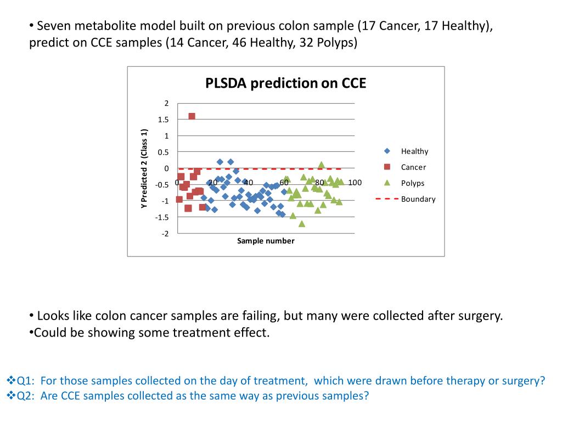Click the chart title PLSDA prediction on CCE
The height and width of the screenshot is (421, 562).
[285, 83]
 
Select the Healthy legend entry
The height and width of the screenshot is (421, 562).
[414, 151]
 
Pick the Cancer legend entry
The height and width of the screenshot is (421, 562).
[413, 167]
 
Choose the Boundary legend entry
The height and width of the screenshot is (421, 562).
[418, 199]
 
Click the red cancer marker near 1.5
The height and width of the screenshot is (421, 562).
[192, 116]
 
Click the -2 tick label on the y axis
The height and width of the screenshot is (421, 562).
[165, 234]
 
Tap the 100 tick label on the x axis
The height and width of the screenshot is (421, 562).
[355, 183]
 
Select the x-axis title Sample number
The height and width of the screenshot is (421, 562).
[266, 241]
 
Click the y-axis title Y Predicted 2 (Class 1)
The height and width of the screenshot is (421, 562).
[144, 168]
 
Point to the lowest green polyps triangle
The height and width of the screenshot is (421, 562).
[302, 224]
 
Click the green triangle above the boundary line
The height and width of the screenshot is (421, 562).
[322, 164]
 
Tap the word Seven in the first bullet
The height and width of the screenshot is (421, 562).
[55, 26]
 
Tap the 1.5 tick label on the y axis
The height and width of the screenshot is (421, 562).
[164, 120]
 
